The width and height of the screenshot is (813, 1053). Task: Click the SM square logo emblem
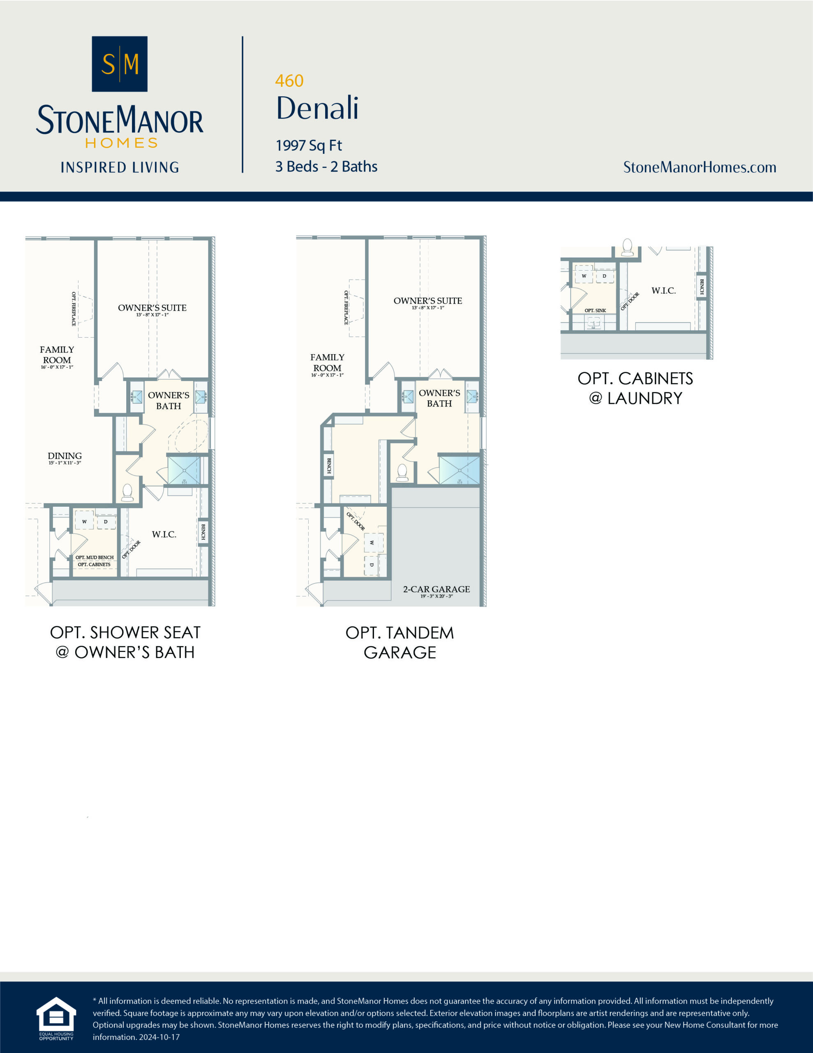(120, 64)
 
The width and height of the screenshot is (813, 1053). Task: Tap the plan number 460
(289, 81)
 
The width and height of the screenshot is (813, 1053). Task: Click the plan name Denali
(317, 108)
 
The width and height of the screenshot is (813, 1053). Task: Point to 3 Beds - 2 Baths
(326, 166)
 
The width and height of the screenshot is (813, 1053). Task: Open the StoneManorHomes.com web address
(699, 167)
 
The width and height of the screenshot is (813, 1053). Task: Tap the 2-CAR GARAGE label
(436, 589)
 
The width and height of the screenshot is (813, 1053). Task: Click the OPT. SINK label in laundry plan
(595, 311)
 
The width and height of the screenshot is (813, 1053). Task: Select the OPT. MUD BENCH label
(95, 557)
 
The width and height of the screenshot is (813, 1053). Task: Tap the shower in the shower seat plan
(184, 470)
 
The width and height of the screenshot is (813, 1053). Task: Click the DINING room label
(65, 456)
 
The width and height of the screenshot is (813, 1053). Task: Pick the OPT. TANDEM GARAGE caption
(400, 642)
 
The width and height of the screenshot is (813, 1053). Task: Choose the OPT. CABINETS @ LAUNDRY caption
(635, 388)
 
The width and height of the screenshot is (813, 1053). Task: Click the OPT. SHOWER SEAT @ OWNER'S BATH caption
(125, 642)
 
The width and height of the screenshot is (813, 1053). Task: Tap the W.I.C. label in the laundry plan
(664, 291)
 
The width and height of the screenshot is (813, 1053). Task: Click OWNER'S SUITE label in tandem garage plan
(427, 301)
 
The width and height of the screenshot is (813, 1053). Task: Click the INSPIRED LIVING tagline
(120, 167)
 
